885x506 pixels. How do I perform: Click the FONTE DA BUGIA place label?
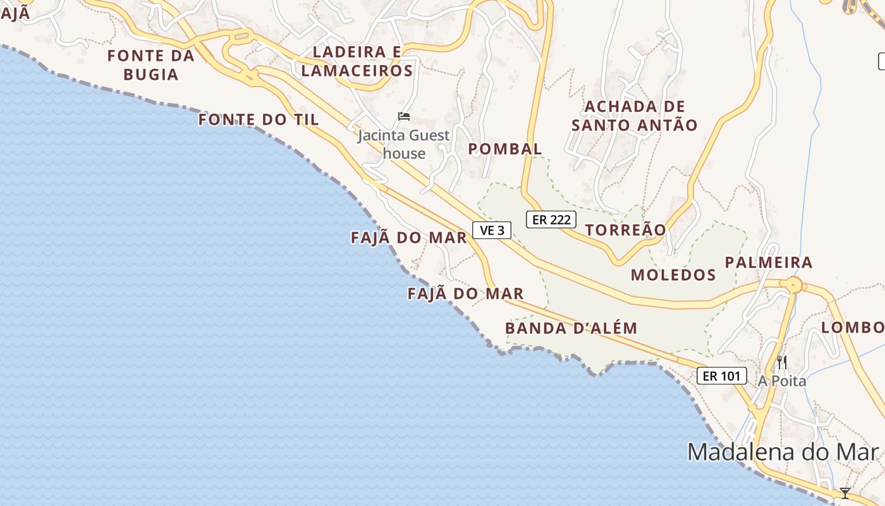point(150,65)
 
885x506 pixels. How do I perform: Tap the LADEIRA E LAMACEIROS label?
point(357,61)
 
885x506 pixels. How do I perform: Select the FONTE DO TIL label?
point(259,120)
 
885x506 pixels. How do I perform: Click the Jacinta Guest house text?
point(404,144)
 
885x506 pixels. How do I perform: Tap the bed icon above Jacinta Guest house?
point(404,116)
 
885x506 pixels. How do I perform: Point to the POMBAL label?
point(505,149)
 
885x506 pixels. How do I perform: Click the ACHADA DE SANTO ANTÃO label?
point(635,116)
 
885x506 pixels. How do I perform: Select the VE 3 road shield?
point(492,230)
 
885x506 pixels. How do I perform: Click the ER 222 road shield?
point(551,219)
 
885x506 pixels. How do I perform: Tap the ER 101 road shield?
point(721,376)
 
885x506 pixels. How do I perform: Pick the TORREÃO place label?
point(626,230)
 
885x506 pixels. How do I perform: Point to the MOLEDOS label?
point(673,275)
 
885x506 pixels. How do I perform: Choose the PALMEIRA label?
point(769,262)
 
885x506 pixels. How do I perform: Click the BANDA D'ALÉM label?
point(571,328)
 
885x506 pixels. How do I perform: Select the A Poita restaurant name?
point(783,381)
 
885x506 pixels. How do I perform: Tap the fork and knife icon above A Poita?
point(782,362)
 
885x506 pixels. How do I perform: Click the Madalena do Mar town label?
point(783,452)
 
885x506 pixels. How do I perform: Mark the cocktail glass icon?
point(845,493)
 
